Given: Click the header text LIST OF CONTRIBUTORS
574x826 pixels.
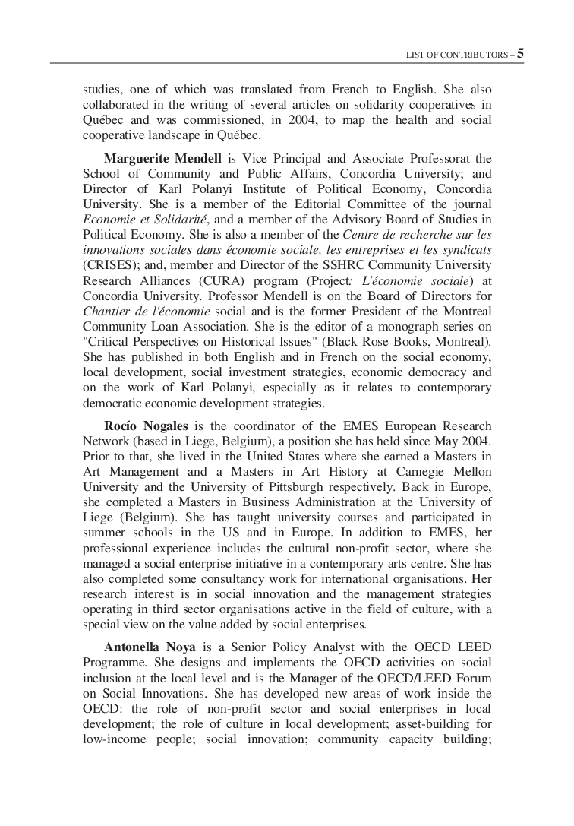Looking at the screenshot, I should click(x=457, y=55).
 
